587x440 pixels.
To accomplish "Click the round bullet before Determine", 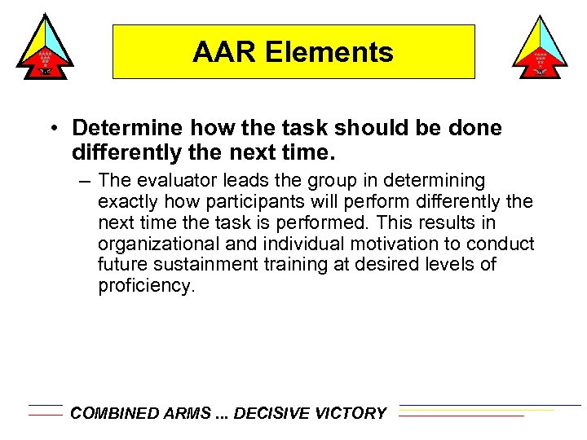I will [51, 129].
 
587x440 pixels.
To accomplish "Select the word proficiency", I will [145, 286].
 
